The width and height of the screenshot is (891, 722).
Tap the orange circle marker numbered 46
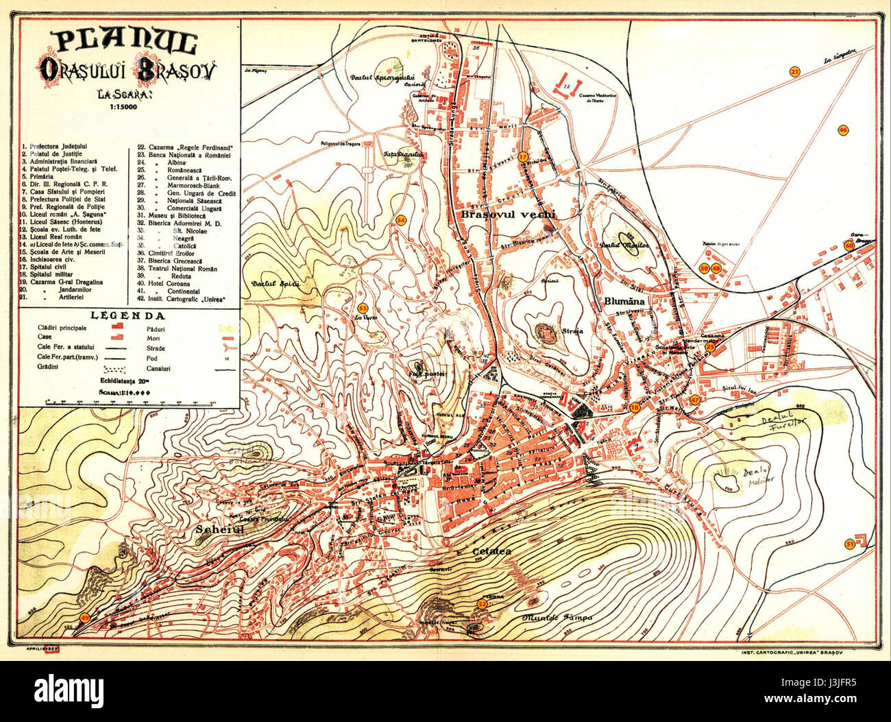coord(843,130)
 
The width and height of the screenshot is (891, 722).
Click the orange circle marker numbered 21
coord(795,72)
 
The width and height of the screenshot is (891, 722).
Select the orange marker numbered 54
coord(402,219)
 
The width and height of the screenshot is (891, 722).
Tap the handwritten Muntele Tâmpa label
coord(557,618)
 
